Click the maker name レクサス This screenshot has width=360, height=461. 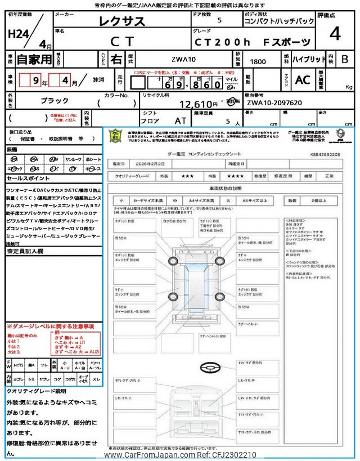(122, 23)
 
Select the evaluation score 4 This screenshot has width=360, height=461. (335, 34)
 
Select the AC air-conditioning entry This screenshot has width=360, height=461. (303, 80)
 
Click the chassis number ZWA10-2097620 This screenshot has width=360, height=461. (274, 103)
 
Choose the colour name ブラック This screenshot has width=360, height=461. (55, 100)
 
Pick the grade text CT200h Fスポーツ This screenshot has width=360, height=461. (252, 42)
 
